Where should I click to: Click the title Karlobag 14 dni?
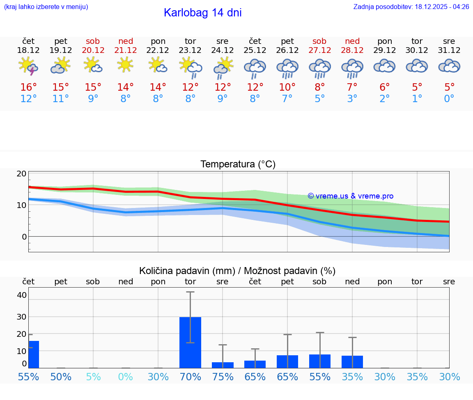click(x=202, y=13)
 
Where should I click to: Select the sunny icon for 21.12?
click(x=126, y=65)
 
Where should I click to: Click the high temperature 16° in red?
click(x=28, y=87)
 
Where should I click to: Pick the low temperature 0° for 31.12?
click(x=449, y=99)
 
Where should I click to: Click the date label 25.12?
click(x=255, y=50)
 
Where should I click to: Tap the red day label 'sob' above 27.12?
click(x=319, y=41)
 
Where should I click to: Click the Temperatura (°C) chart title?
click(x=238, y=165)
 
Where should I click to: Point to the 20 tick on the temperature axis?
click(x=21, y=174)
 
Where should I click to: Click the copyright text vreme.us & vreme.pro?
click(x=351, y=196)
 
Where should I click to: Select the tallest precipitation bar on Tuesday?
click(x=190, y=342)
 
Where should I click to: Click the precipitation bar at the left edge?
click(x=33, y=354)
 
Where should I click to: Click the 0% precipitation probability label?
click(x=126, y=377)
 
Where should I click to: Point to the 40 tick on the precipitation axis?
click(x=21, y=295)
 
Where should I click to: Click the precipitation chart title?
click(x=237, y=271)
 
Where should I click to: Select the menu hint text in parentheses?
click(x=46, y=7)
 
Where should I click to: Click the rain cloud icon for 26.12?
click(x=287, y=68)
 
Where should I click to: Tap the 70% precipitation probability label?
click(x=190, y=377)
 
